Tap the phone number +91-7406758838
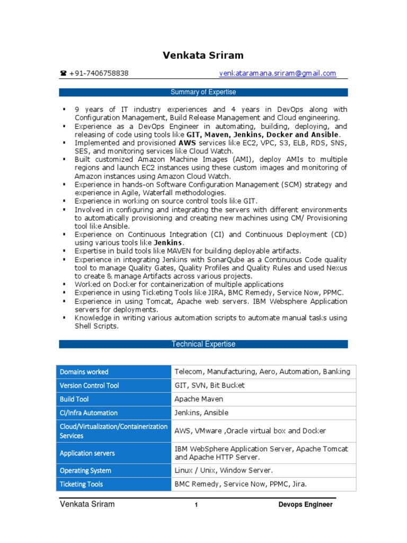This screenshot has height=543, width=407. coord(99,73)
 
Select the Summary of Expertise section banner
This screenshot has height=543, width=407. coord(203,92)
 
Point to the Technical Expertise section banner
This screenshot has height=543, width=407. coord(203,344)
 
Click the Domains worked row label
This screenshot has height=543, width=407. coord(84,372)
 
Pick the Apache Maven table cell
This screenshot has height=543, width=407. coord(199,399)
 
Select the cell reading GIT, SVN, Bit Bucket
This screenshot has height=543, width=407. coord(209,386)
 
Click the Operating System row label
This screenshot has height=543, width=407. coord(85,470)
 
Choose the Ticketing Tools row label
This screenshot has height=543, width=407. coord(81,484)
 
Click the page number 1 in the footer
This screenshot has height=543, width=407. coord(196,505)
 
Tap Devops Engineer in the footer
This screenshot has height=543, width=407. coord(306,505)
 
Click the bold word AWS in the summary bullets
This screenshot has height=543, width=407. coord(187,143)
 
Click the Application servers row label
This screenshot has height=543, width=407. coord(87,453)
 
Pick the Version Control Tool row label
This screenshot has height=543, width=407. coord(90,386)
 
